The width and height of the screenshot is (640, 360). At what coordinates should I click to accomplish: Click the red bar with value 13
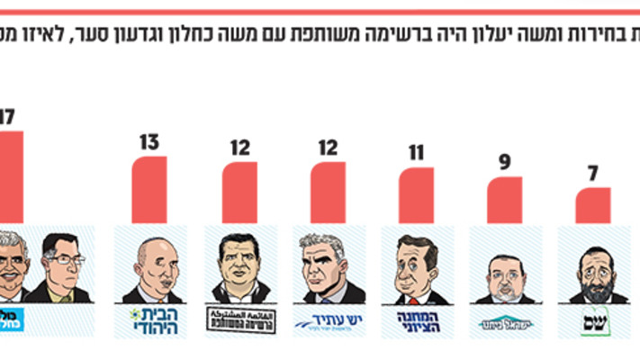(149, 191)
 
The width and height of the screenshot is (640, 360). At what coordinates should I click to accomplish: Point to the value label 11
(415, 152)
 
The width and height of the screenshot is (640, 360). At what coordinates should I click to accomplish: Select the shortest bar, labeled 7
(593, 206)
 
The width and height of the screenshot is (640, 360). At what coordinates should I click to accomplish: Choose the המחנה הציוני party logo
(415, 320)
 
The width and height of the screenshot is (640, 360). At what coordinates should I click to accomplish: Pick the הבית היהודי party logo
(149, 320)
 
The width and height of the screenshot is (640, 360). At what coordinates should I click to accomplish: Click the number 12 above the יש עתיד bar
(328, 148)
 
